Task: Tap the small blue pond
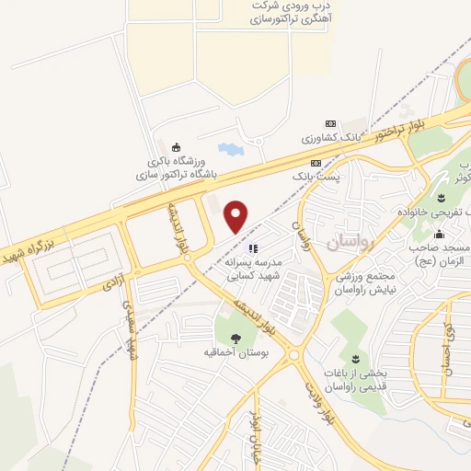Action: tap(225, 149)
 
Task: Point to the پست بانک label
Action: tap(314, 173)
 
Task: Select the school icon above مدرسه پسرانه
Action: tap(253, 247)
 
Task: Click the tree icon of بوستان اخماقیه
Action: tap(236, 336)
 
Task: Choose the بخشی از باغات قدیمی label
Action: tap(353, 378)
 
